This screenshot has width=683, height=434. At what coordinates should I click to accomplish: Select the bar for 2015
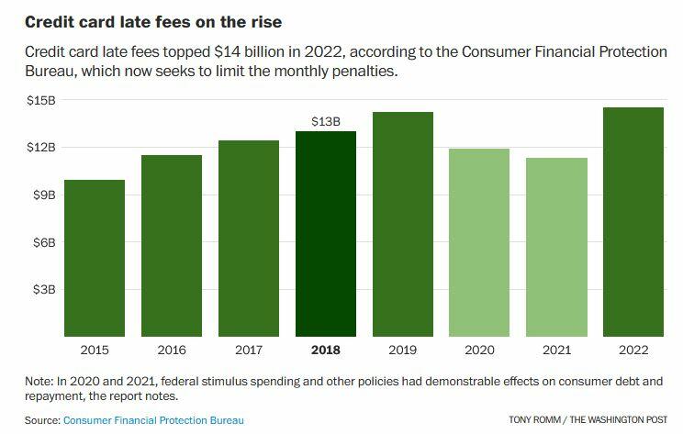click(x=94, y=258)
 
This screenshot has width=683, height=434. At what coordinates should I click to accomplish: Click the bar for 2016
click(x=171, y=246)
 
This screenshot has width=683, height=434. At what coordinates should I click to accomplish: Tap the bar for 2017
click(x=248, y=239)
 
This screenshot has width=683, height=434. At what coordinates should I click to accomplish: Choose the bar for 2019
click(x=402, y=224)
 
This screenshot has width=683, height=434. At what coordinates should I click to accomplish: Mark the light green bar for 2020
click(x=479, y=242)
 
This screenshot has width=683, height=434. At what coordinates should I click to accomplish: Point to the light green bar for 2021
click(x=556, y=247)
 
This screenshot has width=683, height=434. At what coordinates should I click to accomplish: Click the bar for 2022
click(x=633, y=222)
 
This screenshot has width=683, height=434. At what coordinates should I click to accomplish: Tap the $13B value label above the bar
click(x=325, y=120)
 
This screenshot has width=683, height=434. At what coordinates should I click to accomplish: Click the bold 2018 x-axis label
click(x=325, y=349)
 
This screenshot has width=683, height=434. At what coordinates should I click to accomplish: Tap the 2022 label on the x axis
click(x=633, y=349)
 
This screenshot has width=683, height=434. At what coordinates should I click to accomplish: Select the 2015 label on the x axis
click(x=94, y=349)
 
